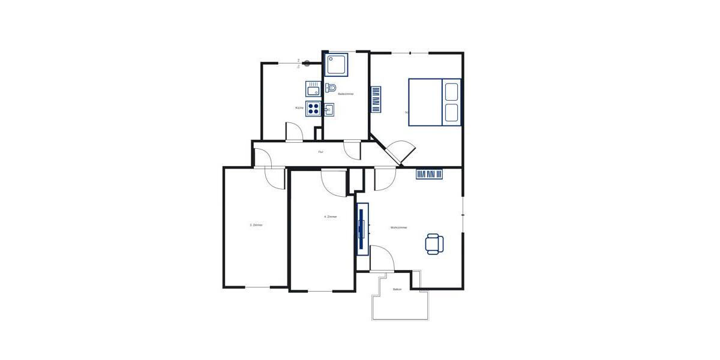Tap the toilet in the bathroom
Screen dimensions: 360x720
331,88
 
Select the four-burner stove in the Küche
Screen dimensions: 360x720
313,109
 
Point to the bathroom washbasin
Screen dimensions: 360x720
329,109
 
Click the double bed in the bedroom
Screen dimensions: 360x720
434,102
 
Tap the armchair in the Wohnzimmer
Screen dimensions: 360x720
434,243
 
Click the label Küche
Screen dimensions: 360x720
299,108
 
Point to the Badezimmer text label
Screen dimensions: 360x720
346,94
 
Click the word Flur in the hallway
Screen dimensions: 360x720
321,152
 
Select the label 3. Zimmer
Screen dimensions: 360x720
256,225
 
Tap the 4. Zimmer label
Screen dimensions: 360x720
330,217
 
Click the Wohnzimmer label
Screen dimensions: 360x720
399,228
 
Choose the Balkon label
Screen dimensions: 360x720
397,290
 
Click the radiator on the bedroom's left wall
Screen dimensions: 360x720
376,100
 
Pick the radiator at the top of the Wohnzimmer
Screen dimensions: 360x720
430,175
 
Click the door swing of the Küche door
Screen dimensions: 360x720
293,132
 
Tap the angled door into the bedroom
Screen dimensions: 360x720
398,152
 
